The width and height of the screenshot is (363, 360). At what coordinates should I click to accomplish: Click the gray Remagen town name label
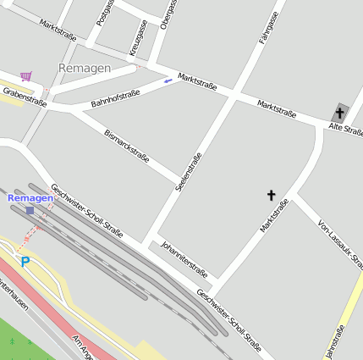click(x=85, y=67)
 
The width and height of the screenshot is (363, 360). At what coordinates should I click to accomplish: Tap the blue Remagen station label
click(x=30, y=197)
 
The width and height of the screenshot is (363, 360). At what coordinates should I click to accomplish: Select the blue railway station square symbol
click(x=30, y=210)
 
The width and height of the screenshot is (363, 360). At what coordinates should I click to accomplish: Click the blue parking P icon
click(x=25, y=262)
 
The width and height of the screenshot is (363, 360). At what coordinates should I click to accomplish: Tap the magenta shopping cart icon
click(x=26, y=76)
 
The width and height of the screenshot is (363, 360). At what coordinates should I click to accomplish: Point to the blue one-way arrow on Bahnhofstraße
click(x=168, y=81)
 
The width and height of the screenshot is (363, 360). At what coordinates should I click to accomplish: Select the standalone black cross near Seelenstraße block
click(x=272, y=196)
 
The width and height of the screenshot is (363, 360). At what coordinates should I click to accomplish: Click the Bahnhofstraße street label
click(x=116, y=98)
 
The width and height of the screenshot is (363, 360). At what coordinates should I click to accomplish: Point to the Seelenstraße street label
click(x=188, y=170)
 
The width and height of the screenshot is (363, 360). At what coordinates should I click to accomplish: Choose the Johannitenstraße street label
click(x=183, y=259)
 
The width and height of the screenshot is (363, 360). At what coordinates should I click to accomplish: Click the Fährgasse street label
click(x=267, y=26)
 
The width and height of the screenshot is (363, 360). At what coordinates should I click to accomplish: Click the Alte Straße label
click(x=346, y=129)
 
